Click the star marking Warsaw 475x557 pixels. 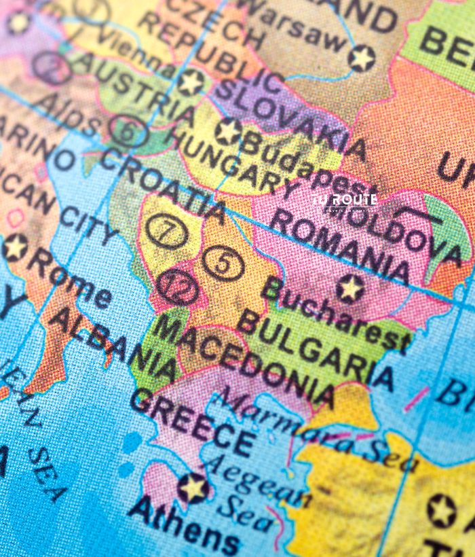(x=361, y=58)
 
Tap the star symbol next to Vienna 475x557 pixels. (x=191, y=82)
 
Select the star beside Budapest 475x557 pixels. (x=229, y=130)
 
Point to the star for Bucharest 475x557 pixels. (x=350, y=289)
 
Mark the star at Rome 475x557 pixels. (x=14, y=247)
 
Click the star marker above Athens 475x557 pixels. (x=193, y=488)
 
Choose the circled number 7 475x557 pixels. (x=167, y=232)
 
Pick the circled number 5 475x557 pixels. (x=223, y=263)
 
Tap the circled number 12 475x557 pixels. (x=178, y=288)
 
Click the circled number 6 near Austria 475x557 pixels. (x=126, y=130)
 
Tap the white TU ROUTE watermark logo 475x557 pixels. (x=344, y=202)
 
